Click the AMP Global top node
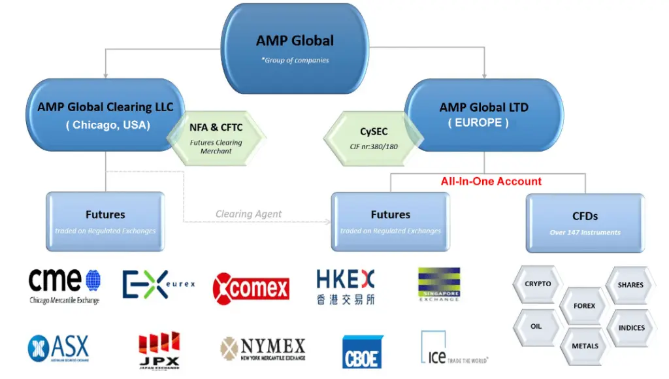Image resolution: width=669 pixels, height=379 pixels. click(x=295, y=48)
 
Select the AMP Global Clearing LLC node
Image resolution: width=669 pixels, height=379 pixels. click(x=106, y=115)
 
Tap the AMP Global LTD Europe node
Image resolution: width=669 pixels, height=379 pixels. click(x=483, y=114)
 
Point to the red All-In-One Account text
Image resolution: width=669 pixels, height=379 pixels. click(x=491, y=181)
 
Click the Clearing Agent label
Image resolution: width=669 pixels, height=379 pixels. click(x=249, y=214)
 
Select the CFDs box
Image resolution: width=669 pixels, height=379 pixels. click(x=585, y=222)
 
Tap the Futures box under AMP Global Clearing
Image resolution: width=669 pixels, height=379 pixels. click(x=105, y=221)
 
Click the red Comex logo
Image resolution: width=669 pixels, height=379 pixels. click(x=251, y=288)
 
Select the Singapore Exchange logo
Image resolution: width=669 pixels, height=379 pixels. click(x=439, y=284)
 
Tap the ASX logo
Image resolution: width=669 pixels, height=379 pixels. click(x=58, y=348)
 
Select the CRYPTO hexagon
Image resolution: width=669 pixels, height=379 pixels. click(x=538, y=284)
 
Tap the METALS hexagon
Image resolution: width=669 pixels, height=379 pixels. click(x=585, y=346)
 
